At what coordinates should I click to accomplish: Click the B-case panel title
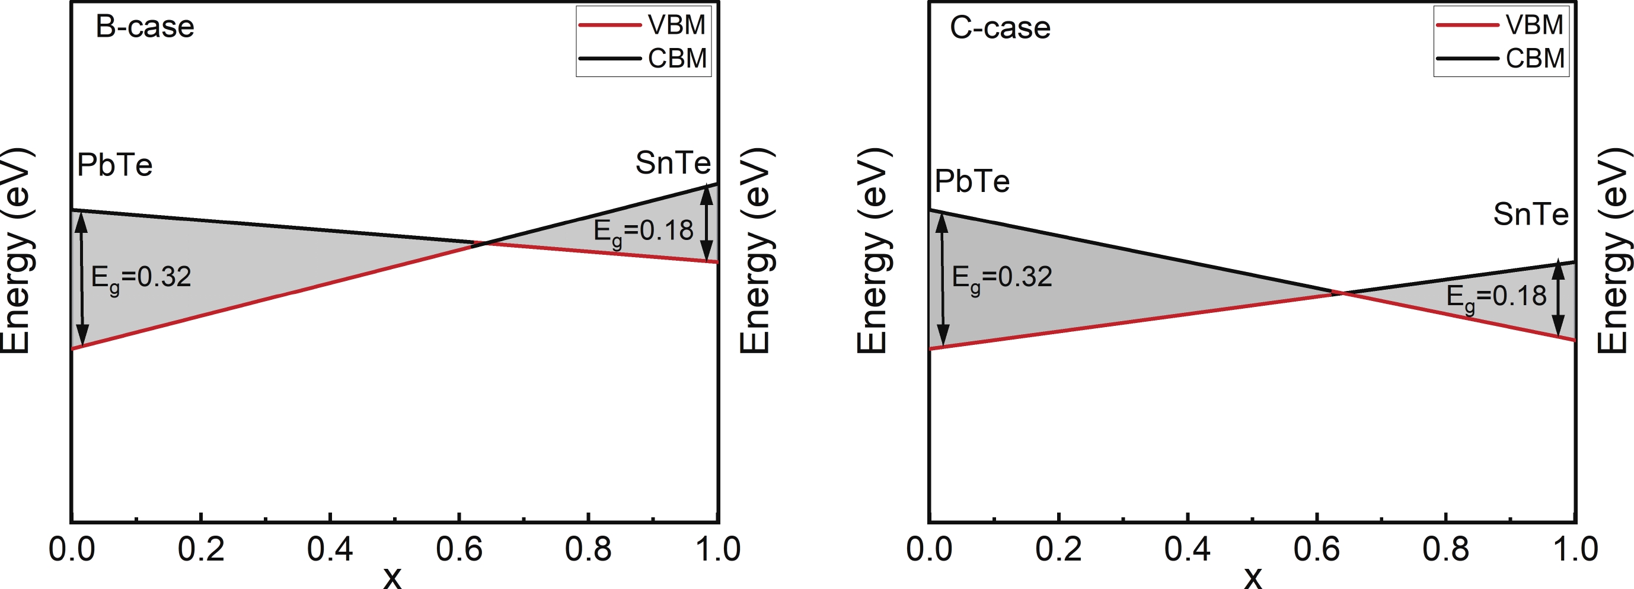coord(145,27)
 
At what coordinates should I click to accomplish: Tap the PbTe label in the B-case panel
coord(115,165)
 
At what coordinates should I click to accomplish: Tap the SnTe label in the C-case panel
coord(1531,215)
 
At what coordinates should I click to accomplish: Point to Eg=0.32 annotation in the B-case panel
coord(141,278)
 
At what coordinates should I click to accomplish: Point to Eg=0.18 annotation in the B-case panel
coord(643,232)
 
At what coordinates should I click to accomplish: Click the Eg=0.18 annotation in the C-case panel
coord(1496,297)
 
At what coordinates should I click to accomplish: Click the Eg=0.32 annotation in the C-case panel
coord(1002,278)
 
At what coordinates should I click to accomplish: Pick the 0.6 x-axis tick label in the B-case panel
coord(459,549)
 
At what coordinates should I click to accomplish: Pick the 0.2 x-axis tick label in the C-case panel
coord(1059,549)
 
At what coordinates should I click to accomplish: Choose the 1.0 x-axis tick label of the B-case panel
coord(718,549)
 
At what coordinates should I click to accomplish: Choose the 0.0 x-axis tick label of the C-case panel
coord(929,549)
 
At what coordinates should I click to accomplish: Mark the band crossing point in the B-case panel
coord(483,243)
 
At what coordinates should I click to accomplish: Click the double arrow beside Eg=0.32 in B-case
coord(82,279)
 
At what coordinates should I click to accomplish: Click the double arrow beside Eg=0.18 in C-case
coord(1558,299)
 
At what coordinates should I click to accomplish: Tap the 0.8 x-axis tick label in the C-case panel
coord(1445,549)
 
